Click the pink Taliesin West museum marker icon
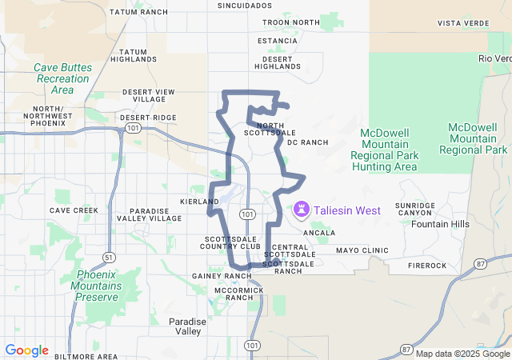pos(302,210)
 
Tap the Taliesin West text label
pos(346,210)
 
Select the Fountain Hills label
pos(440,224)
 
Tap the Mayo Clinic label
pos(362,250)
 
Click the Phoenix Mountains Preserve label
pos(98,286)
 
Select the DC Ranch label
pos(308,142)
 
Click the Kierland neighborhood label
pos(200,202)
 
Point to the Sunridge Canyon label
pos(415,210)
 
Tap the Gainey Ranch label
pos(222,276)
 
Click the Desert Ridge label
pos(148,118)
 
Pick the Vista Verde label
pos(462,23)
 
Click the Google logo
pos(26,350)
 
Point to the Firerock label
pos(426,265)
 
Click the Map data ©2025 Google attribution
pos(462,354)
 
